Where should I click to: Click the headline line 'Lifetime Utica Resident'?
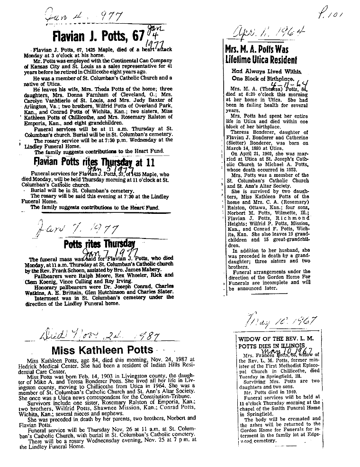[262, 60]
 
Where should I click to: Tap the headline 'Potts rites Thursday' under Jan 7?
[99, 245]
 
